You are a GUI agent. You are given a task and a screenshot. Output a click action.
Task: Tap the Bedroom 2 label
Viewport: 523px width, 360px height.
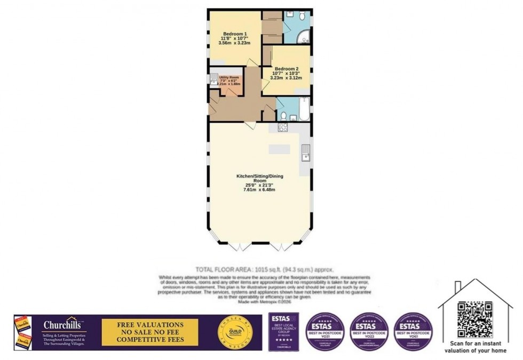[287, 69]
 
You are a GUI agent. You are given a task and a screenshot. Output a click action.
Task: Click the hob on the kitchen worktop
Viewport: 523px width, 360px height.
[282, 127]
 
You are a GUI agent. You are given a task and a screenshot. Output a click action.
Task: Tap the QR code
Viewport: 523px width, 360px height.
[474, 319]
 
